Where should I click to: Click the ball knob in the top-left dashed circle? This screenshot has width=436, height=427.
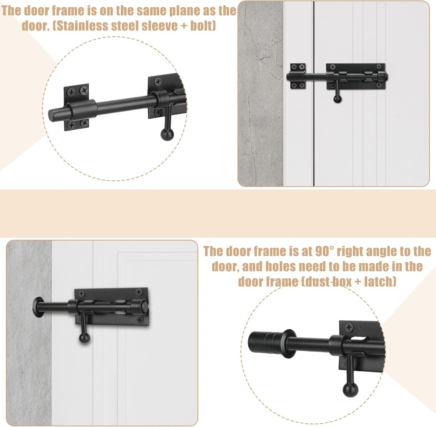(x=167, y=134)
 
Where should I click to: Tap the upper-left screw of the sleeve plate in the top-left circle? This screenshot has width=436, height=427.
(x=71, y=93)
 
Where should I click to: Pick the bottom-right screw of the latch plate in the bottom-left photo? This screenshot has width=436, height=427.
(x=140, y=320)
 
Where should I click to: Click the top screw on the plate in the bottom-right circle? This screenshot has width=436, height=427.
(x=349, y=328)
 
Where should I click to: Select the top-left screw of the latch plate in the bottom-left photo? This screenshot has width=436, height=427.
(x=82, y=294)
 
